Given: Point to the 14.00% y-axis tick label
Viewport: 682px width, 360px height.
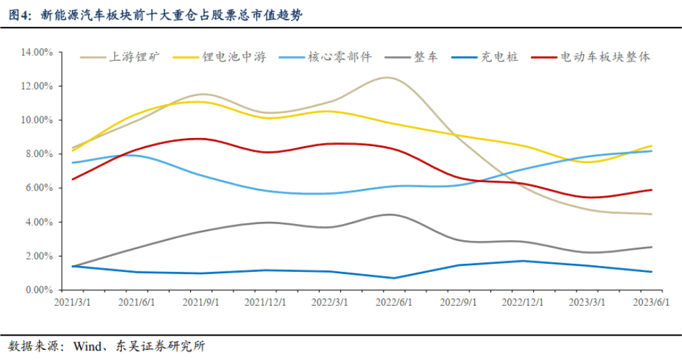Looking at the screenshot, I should tap(37, 52).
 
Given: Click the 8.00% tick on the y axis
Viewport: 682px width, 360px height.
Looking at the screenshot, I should tap(39, 154).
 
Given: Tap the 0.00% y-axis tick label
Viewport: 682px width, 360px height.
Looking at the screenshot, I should tap(39, 290).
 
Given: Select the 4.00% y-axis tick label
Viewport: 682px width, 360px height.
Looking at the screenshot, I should tap(39, 222).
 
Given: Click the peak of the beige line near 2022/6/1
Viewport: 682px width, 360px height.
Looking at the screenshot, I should tap(388, 78).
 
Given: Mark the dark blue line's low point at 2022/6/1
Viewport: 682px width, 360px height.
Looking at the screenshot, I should tap(394, 278).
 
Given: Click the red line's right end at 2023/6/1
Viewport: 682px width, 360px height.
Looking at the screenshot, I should tap(652, 189).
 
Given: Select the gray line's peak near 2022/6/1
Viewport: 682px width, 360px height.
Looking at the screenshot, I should tap(390, 215).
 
